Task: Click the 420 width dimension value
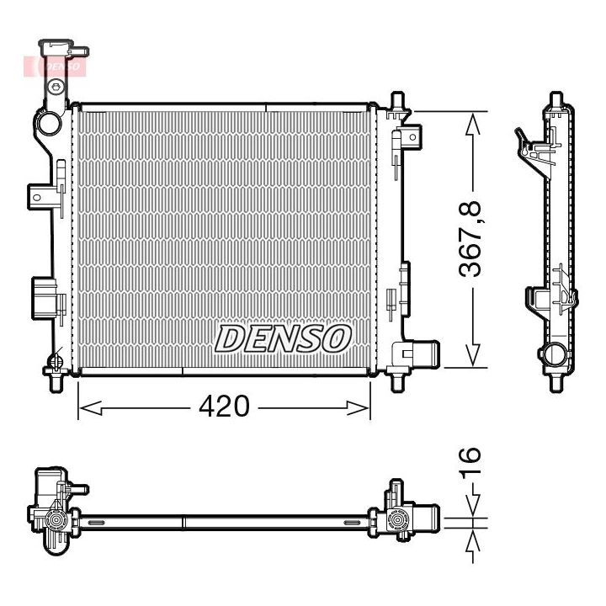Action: click(x=224, y=407)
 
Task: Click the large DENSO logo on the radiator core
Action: click(x=282, y=338)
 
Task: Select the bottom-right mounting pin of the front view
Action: click(x=398, y=382)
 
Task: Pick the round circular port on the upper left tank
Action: click(x=48, y=123)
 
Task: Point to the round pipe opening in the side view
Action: click(x=555, y=354)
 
